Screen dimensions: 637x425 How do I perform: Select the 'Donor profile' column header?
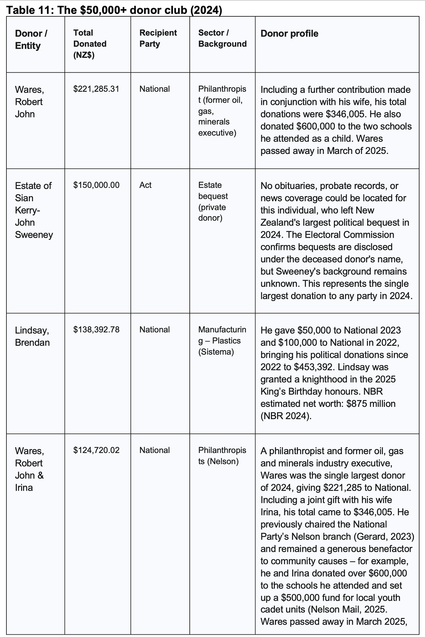289,34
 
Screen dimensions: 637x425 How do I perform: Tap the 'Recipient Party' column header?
158,38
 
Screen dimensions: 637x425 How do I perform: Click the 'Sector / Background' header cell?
222,38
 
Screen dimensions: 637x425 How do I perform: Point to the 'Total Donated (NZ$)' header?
90,44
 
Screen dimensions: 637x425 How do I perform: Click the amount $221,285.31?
96,89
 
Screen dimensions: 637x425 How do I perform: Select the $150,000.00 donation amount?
96,185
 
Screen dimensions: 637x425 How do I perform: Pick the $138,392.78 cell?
96,329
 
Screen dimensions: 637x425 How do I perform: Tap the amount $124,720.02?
96,450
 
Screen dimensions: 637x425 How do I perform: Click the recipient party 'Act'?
145,185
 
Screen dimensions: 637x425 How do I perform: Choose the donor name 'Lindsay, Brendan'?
32,336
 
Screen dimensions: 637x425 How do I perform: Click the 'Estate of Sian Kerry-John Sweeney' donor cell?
34,210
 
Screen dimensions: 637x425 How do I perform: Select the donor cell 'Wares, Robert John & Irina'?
29,469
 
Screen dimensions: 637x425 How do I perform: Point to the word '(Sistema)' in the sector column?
216,352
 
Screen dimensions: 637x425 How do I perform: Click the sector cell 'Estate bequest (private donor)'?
213,201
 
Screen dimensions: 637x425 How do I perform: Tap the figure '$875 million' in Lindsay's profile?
371,404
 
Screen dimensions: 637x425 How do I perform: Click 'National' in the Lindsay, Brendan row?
154,329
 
